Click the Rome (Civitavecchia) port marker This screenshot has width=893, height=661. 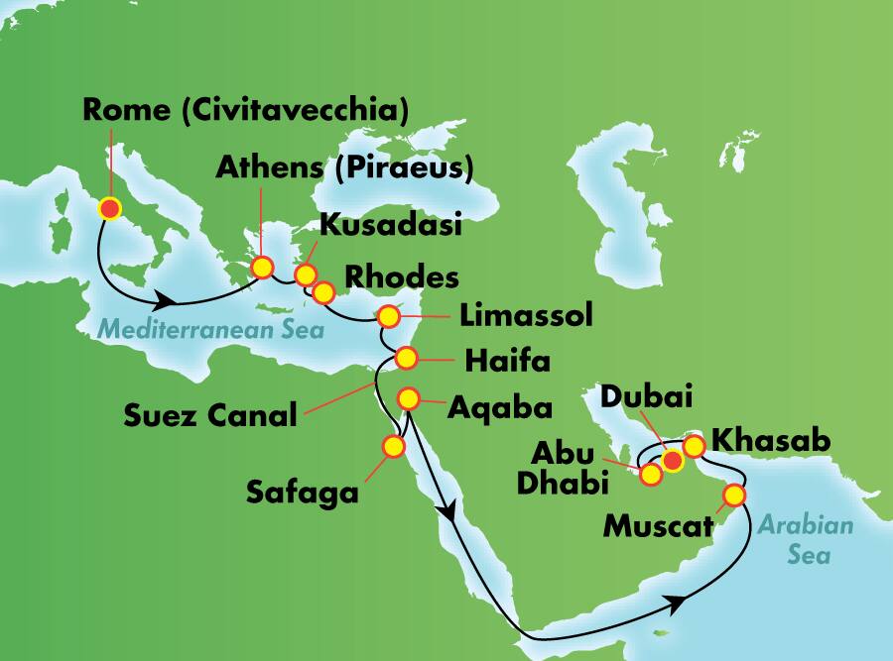click(109, 208)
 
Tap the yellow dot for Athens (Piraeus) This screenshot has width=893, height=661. click(262, 268)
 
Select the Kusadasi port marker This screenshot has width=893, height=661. click(306, 275)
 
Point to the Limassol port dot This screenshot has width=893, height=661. click(388, 318)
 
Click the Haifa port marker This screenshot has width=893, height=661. click(406, 358)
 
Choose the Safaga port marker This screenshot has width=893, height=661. click(394, 447)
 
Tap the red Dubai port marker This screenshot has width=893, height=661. click(674, 460)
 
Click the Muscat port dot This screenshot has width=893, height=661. click(734, 495)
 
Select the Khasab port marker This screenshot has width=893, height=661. click(695, 448)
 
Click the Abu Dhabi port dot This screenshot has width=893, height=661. click(651, 475)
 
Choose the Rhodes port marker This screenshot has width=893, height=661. click(323, 292)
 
